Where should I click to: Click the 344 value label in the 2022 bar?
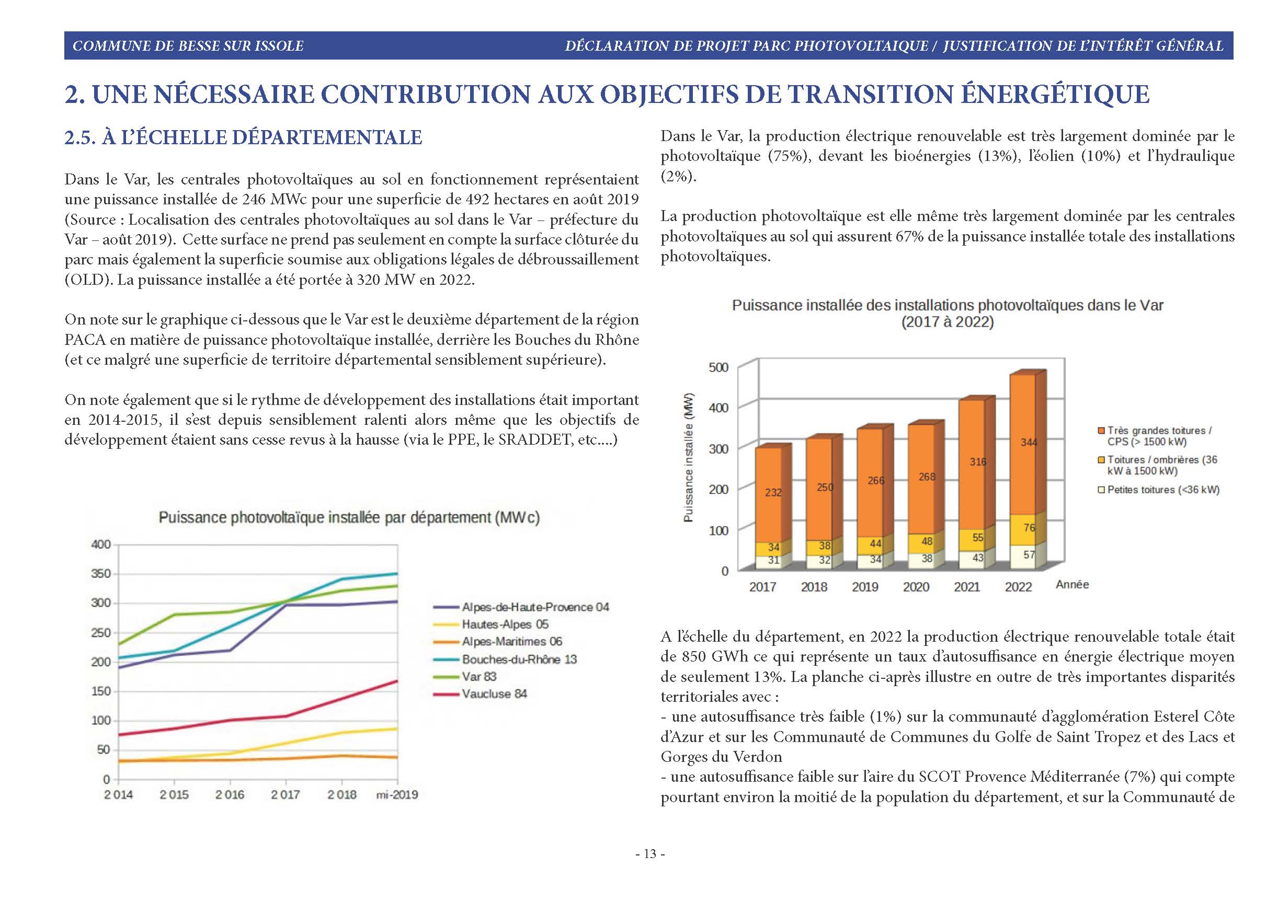tap(1029, 442)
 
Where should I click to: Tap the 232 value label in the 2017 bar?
tap(773, 492)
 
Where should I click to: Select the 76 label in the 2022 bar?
tap(1029, 527)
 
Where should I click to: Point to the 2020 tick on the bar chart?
tap(916, 587)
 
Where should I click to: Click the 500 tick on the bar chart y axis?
tap(718, 367)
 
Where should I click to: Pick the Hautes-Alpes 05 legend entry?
tap(491, 624)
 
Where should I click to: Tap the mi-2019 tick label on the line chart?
tap(397, 794)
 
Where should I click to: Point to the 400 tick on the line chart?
tap(101, 544)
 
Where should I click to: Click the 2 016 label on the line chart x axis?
tap(230, 794)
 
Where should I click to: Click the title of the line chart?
tap(349, 517)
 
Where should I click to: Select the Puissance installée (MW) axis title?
tap(689, 457)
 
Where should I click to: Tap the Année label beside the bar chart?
tap(1072, 584)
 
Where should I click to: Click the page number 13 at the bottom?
tap(650, 854)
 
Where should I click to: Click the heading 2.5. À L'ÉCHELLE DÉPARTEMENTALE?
tap(243, 137)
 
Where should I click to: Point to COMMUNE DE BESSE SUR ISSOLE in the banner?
tap(188, 45)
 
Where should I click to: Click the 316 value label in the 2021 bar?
tap(978, 462)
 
